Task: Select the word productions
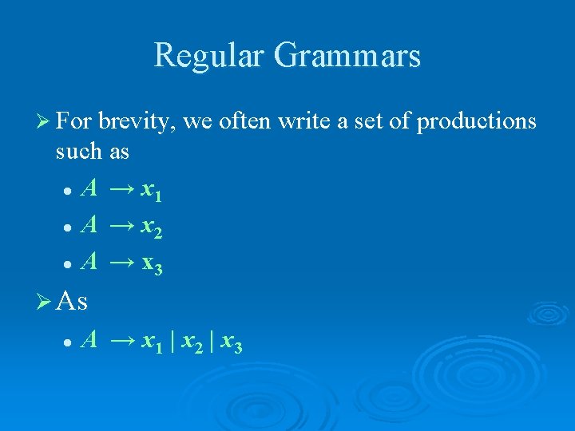[x=477, y=121]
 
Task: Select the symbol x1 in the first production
[x=151, y=192]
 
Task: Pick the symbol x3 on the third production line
[x=151, y=263]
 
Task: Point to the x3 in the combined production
[x=232, y=342]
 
